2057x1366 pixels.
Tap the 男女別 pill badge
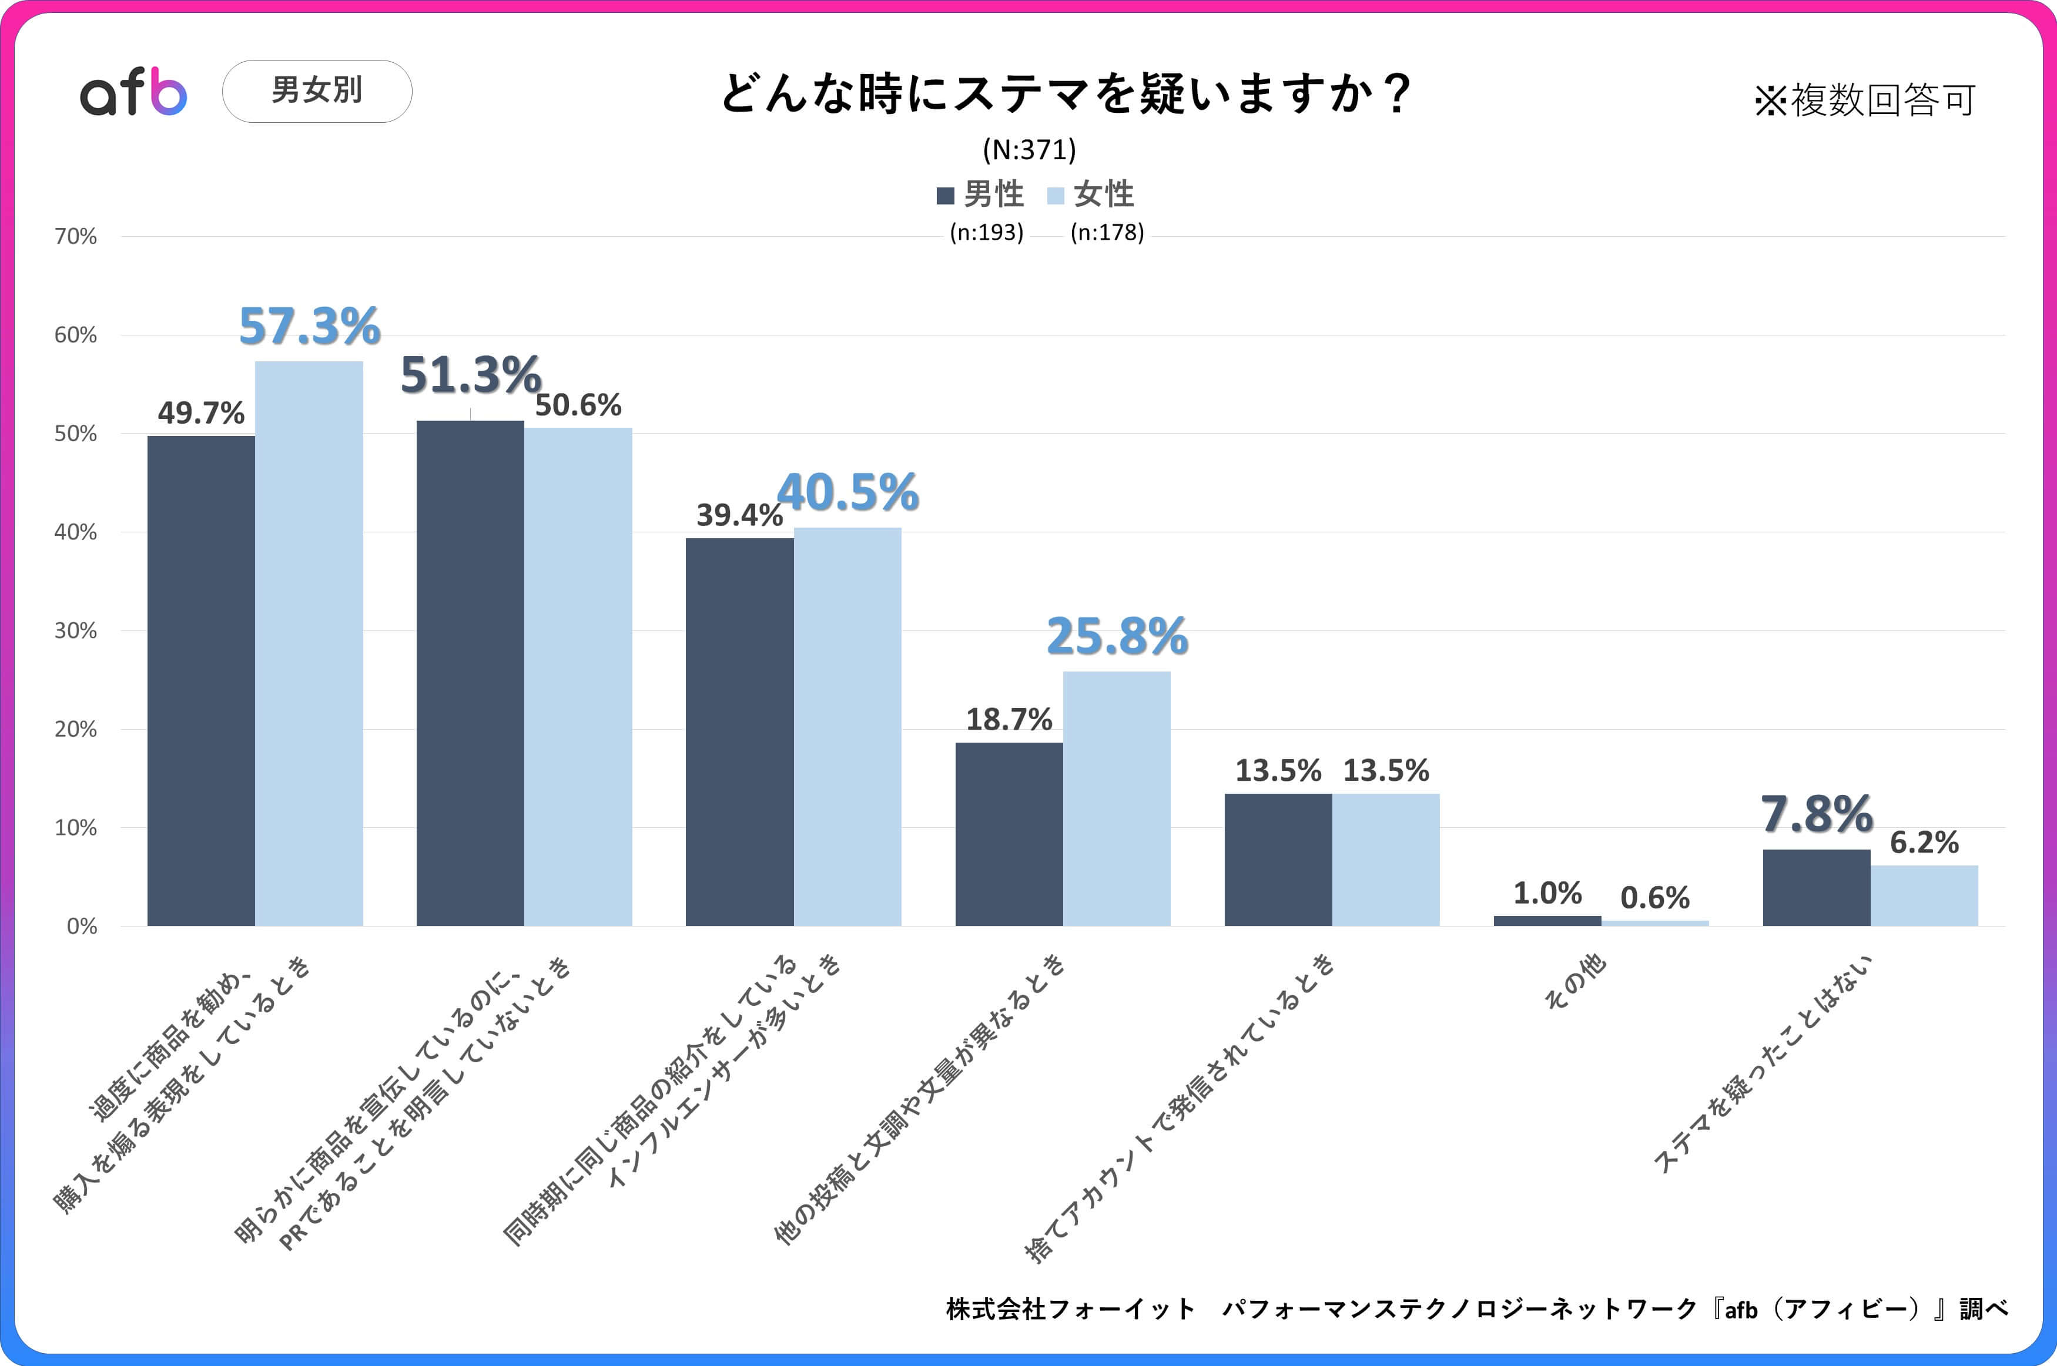click(317, 90)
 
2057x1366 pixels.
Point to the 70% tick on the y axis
click(76, 237)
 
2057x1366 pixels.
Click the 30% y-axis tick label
click(76, 631)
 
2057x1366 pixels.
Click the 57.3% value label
click(309, 326)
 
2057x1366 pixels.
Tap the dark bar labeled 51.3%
click(471, 673)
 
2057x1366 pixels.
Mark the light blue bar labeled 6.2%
click(1924, 895)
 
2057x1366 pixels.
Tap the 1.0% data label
click(1547, 893)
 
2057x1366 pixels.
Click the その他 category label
click(1574, 982)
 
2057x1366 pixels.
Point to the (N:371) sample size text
click(1029, 150)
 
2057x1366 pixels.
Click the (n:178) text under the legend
click(1107, 233)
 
